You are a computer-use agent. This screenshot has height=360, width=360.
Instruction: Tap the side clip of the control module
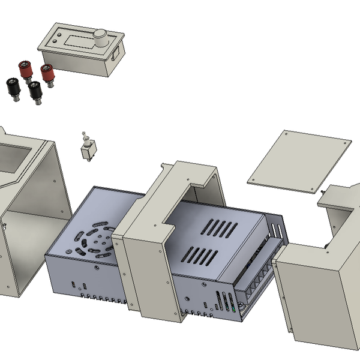[x=115, y=55]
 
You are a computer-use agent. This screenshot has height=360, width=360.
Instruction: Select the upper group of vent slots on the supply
[x=218, y=227]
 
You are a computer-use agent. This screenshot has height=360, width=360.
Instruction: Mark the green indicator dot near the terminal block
[x=233, y=310]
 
